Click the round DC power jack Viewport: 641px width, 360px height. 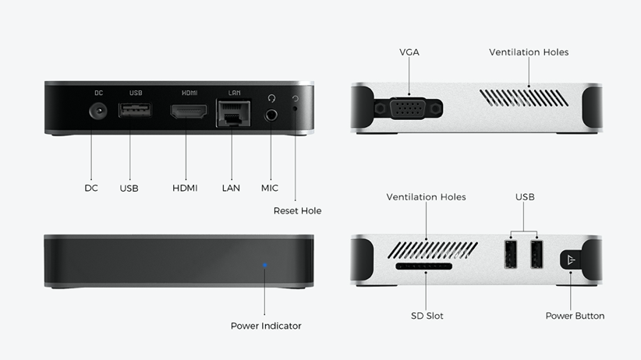[x=98, y=111]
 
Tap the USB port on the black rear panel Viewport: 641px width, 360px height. [x=135, y=110]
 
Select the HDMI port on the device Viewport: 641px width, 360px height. [x=189, y=111]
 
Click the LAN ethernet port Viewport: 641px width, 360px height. [x=233, y=113]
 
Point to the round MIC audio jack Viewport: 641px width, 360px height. [x=271, y=115]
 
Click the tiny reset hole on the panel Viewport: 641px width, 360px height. [x=296, y=108]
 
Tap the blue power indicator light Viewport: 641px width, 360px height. [x=265, y=265]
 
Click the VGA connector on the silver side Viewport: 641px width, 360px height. [x=409, y=108]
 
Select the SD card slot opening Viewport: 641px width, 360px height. [x=424, y=266]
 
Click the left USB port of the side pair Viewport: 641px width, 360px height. [x=511, y=254]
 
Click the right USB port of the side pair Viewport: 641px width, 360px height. [x=537, y=254]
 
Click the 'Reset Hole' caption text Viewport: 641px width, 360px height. [x=297, y=211]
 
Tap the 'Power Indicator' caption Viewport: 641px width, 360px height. [x=266, y=326]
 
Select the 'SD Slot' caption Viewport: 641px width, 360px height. [x=427, y=316]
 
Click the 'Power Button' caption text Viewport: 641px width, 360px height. [x=575, y=316]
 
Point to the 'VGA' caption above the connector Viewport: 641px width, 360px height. [x=409, y=52]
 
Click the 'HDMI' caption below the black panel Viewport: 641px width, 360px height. [x=185, y=188]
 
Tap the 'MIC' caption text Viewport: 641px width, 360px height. [x=269, y=188]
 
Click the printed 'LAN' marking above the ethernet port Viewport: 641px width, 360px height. [x=234, y=93]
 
